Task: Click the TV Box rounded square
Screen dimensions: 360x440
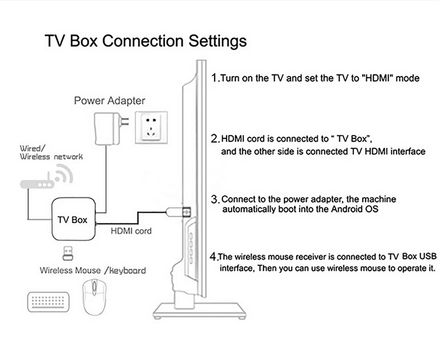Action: pyautogui.click(x=73, y=219)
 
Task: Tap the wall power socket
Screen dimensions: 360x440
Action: pyautogui.click(x=151, y=127)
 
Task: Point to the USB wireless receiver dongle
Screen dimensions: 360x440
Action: pyautogui.click(x=68, y=253)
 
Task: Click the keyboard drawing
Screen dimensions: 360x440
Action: pyautogui.click(x=48, y=302)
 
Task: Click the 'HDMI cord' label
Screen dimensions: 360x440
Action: pyautogui.click(x=131, y=231)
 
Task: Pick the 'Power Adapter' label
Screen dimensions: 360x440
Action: pyautogui.click(x=110, y=101)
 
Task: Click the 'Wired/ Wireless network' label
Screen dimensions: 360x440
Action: pyautogui.click(x=51, y=152)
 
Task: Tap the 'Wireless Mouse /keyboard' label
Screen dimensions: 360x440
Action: pyautogui.click(x=93, y=270)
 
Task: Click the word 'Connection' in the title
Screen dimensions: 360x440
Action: pyautogui.click(x=143, y=41)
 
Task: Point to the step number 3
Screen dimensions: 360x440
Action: pyautogui.click(x=215, y=200)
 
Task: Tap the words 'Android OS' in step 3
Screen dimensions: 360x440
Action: pyautogui.click(x=354, y=209)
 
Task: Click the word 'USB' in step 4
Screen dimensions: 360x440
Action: pyautogui.click(x=428, y=256)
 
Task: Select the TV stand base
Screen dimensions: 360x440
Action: pyautogui.click(x=199, y=311)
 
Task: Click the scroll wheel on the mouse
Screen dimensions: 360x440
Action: pyautogui.click(x=95, y=286)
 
